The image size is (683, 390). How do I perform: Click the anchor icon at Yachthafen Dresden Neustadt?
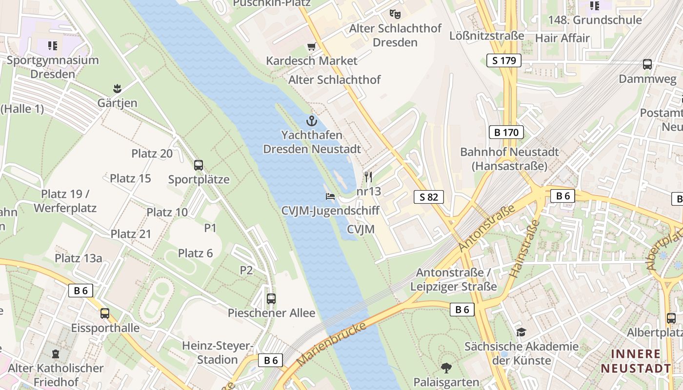tap(311, 121)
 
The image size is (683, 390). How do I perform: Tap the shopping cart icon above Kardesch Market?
tap(311, 47)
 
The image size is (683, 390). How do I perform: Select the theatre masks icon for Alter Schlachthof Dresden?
tap(395, 14)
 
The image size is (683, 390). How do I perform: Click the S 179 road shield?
tap(504, 60)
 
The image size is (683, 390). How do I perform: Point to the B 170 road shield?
tap(506, 132)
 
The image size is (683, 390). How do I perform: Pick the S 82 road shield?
tap(429, 197)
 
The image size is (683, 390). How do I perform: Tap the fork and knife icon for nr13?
tap(368, 176)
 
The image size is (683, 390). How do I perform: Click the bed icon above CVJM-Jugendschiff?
tap(330, 196)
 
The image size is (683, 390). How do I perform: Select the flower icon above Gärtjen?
tap(117, 89)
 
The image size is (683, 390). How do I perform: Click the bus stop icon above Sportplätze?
tap(199, 165)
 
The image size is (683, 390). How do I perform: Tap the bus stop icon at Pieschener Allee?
tap(271, 298)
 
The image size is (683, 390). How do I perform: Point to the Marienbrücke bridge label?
tap(332, 344)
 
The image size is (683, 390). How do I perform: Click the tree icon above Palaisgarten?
tap(446, 368)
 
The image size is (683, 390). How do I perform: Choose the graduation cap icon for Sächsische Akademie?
tap(521, 332)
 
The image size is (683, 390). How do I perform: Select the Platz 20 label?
tap(152, 154)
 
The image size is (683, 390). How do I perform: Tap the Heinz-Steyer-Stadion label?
tap(217, 352)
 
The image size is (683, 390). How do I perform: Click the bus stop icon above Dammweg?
tap(647, 64)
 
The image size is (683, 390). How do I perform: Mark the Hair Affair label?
tap(562, 38)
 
